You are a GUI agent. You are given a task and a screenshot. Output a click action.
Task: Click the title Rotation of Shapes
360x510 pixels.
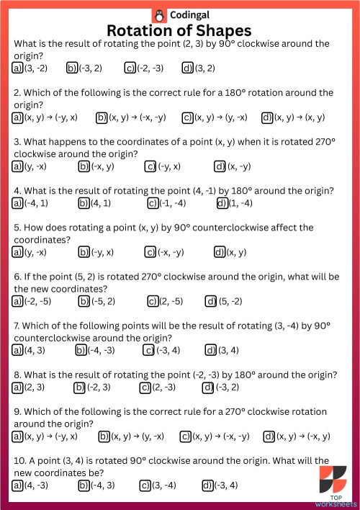(x=179, y=30)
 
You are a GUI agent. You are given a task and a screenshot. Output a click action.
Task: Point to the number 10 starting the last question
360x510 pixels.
(x=19, y=460)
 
